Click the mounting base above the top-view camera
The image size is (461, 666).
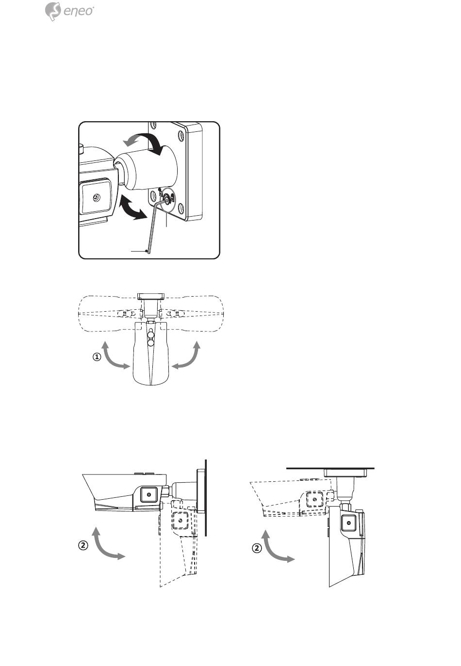[152, 296]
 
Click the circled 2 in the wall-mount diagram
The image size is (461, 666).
[83, 545]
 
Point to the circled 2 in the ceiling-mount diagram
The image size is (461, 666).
[257, 549]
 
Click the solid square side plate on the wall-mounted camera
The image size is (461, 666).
[149, 494]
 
